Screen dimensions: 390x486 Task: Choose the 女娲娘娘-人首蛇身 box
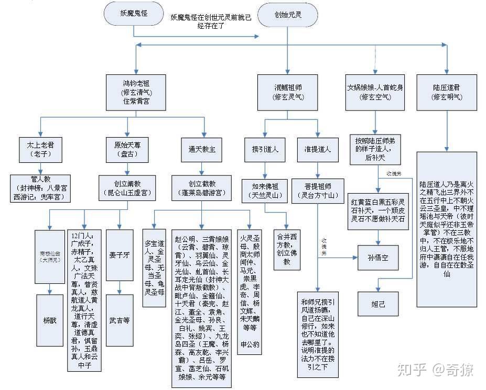click(375, 92)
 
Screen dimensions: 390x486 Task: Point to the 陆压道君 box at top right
click(447, 92)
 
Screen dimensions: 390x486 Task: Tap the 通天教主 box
click(202, 149)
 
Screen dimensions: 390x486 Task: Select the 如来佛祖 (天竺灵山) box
click(265, 190)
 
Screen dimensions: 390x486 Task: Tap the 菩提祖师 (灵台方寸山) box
click(318, 190)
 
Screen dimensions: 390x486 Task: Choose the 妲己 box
click(379, 303)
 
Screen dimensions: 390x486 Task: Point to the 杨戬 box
click(50, 318)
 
